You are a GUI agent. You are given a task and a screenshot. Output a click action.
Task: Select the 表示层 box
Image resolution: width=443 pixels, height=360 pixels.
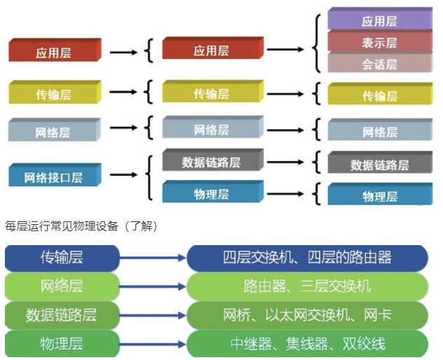click(379, 42)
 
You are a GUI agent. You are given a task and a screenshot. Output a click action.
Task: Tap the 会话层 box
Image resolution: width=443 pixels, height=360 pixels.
click(379, 64)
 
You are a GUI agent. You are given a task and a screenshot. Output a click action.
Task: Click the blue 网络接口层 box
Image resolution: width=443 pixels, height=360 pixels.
click(53, 176)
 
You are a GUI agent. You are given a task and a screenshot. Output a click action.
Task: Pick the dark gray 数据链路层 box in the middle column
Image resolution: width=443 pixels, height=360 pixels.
click(211, 161)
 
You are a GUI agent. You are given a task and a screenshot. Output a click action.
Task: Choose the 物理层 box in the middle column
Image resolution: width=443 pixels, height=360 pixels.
click(211, 193)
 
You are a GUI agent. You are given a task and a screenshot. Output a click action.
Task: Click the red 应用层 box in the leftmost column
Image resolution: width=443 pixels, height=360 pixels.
click(54, 52)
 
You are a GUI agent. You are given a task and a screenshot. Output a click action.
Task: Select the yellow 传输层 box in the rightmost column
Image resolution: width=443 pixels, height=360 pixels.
click(379, 95)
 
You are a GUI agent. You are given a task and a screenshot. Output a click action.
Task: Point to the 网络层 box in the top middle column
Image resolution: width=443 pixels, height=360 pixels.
click(211, 130)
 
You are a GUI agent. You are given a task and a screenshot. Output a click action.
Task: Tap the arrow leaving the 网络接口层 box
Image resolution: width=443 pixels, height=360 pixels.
click(123, 176)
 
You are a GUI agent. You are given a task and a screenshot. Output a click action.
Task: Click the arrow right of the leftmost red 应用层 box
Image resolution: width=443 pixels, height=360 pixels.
click(123, 51)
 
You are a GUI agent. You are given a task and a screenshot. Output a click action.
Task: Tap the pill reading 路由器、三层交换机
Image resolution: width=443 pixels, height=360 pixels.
click(307, 286)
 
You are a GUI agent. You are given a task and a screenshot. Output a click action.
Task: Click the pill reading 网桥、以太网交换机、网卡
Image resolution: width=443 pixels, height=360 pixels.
click(307, 314)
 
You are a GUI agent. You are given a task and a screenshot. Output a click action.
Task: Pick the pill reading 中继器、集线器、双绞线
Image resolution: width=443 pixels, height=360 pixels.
click(307, 343)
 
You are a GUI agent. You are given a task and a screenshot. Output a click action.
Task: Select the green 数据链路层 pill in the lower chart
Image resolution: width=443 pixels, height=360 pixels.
click(61, 314)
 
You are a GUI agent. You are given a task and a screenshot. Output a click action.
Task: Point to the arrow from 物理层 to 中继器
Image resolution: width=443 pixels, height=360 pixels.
click(152, 343)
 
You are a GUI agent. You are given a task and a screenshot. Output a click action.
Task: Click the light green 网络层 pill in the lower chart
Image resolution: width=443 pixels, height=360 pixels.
click(61, 286)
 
